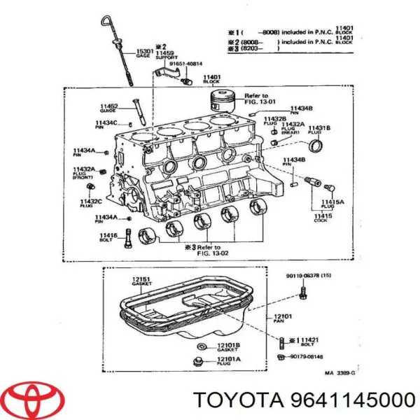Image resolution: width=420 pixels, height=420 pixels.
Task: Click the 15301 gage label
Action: pos(144,53)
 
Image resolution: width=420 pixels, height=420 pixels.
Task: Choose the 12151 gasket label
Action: pos(141,283)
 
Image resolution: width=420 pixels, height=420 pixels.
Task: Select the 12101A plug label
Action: pos(229,360)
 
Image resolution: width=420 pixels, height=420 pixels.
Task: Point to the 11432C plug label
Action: pos(91,203)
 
